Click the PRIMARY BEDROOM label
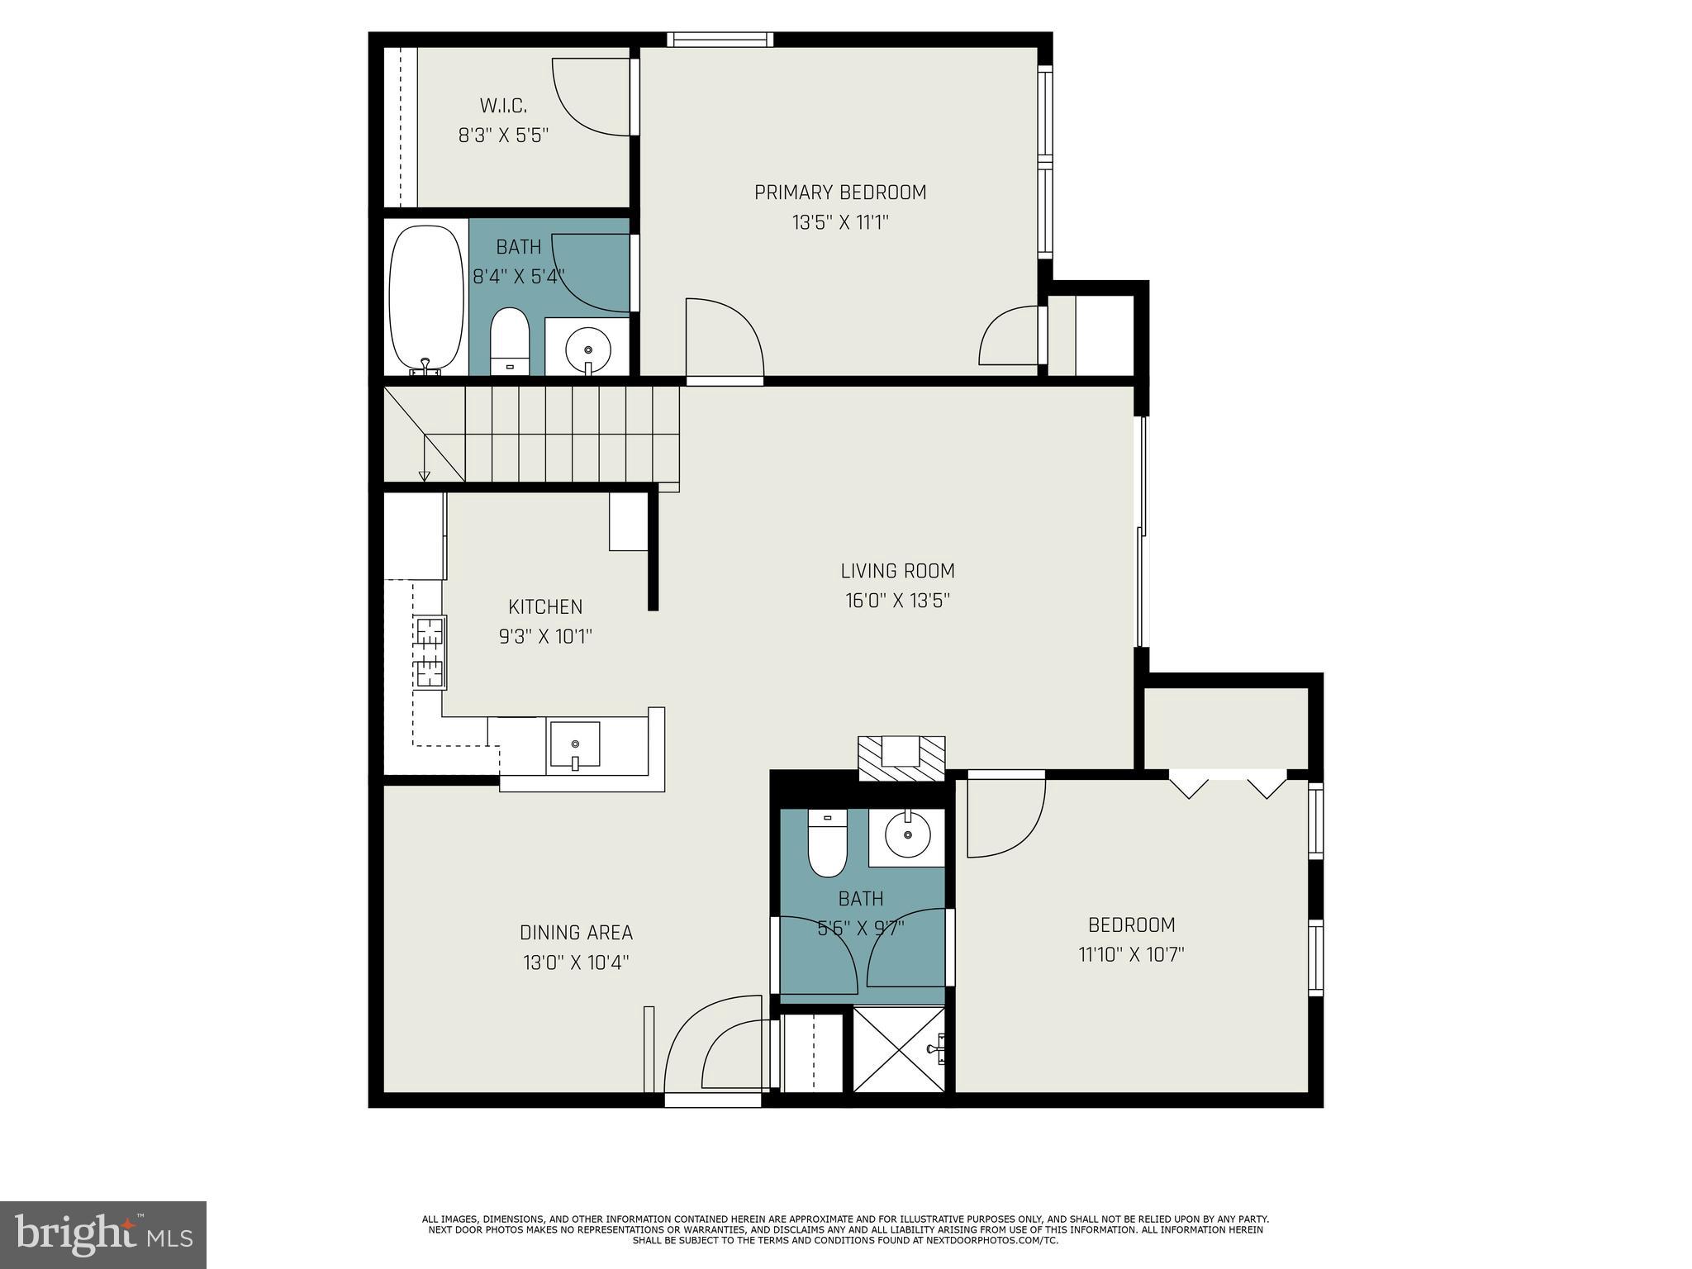point(839,192)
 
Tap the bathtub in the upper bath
point(426,297)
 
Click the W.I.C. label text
point(503,106)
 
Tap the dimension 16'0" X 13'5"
point(897,601)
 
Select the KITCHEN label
point(545,607)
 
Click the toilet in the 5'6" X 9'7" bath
point(828,843)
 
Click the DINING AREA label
point(576,933)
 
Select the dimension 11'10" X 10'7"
point(1131,955)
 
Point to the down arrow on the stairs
point(425,475)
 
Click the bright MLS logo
point(103,1234)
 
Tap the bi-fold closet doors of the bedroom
point(1228,783)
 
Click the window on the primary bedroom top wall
point(720,39)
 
